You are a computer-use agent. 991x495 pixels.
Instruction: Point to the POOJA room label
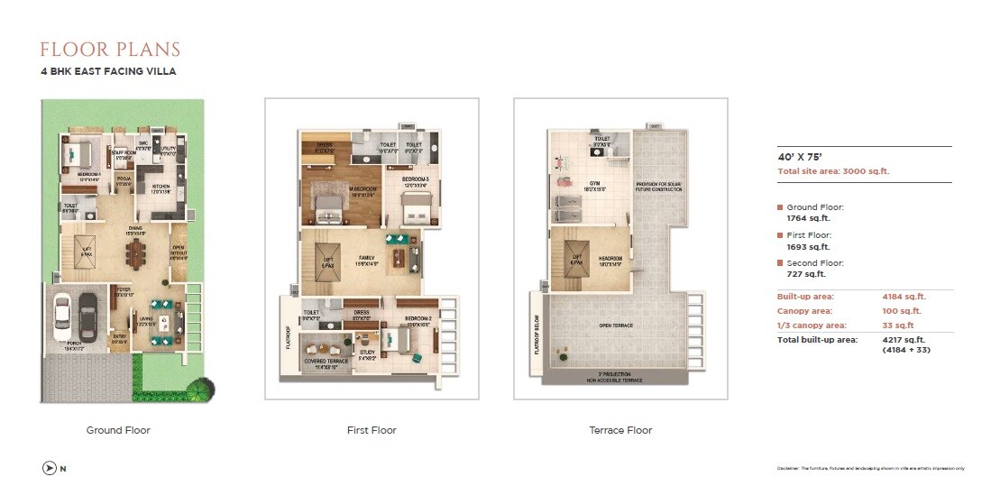pyautogui.click(x=124, y=179)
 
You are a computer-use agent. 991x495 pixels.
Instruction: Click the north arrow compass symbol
pyautogui.click(x=49, y=467)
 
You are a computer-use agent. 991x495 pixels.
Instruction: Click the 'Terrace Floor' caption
pyautogui.click(x=619, y=430)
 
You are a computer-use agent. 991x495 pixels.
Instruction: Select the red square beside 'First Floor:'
pyautogui.click(x=780, y=234)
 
